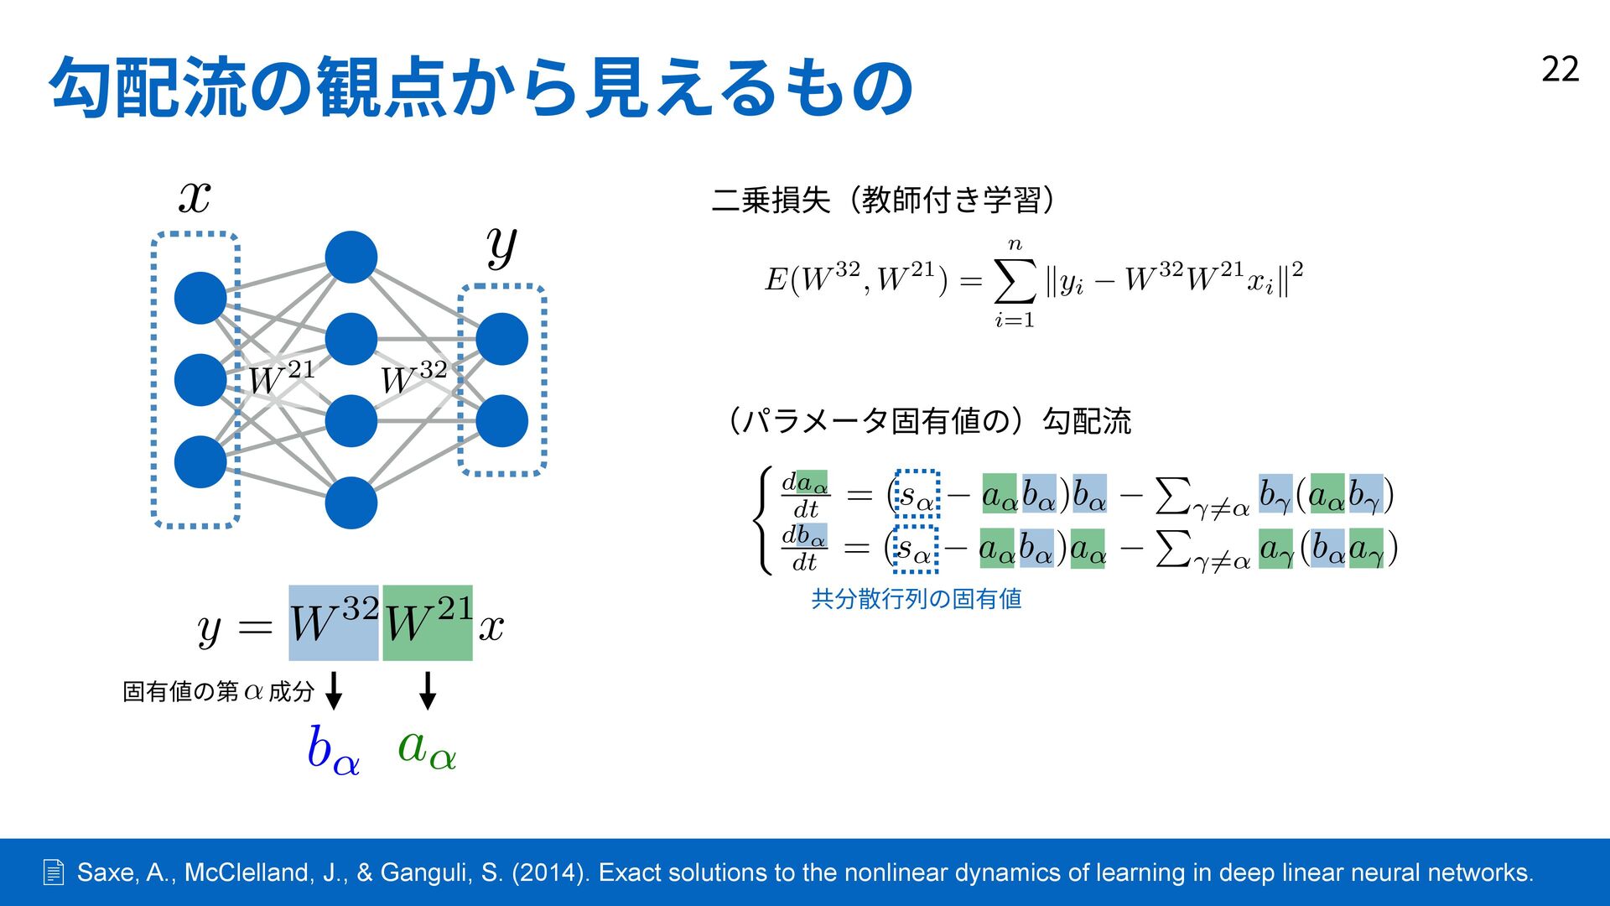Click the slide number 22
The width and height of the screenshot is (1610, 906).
[x=1560, y=70]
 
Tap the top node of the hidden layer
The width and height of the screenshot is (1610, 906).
[x=351, y=258]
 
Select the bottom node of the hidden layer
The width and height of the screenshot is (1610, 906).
[x=351, y=502]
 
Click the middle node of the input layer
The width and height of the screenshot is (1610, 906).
[x=200, y=380]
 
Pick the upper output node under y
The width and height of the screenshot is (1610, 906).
[x=501, y=339]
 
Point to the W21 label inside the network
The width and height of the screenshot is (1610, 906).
[x=281, y=377]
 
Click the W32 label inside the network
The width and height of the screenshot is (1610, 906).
[x=413, y=377]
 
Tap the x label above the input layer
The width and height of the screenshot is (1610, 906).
[x=195, y=197]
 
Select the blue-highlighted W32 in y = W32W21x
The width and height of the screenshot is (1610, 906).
[x=334, y=623]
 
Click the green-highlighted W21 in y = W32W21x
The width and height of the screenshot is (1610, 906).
[x=428, y=623]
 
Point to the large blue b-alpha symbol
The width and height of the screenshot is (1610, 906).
[x=333, y=749]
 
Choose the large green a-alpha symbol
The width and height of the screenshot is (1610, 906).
[x=427, y=747]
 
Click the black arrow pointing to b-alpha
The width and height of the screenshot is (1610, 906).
[x=334, y=690]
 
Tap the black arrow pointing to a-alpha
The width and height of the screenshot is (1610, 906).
[x=428, y=690]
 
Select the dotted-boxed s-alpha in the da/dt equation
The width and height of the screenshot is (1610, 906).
[x=917, y=494]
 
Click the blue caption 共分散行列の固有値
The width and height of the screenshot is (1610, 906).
[x=917, y=599]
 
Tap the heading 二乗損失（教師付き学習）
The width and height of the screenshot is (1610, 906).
[x=883, y=200]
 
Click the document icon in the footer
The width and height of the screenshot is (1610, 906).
[x=53, y=872]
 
